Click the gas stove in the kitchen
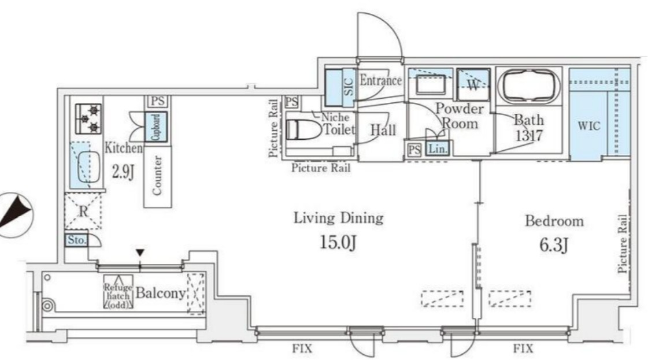[88, 118]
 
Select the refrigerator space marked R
[83, 211]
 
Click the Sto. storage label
[76, 240]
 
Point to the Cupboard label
[156, 127]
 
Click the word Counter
[157, 175]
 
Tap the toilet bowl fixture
[303, 130]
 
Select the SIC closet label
[349, 86]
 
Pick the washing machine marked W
[473, 84]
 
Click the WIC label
[589, 125]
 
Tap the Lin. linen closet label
[437, 149]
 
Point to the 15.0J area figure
[338, 242]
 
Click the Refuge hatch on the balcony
[118, 292]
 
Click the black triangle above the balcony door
[140, 252]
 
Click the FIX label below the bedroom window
[523, 348]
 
